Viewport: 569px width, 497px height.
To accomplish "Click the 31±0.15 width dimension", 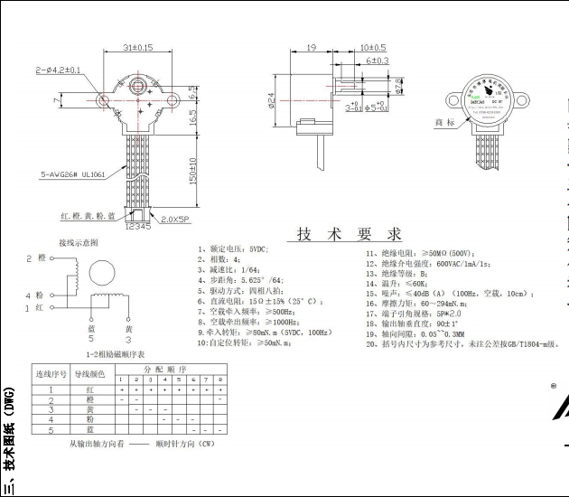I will click(137, 46).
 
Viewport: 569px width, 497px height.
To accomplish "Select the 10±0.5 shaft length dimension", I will click(373, 46).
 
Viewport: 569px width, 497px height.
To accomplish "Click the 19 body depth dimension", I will click(311, 46).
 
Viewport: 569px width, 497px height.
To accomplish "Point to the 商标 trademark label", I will click(445, 122).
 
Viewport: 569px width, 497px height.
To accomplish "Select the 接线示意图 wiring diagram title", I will click(79, 242).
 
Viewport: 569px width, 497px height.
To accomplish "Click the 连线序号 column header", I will click(51, 373).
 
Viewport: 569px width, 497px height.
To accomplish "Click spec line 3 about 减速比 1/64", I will click(232, 268).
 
